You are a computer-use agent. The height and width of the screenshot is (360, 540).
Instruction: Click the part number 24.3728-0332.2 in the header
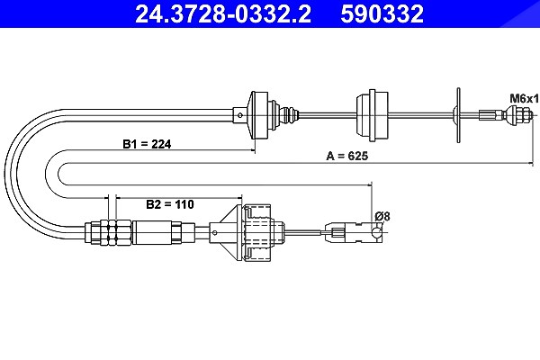(223, 13)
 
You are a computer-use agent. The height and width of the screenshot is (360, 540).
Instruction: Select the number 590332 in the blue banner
(382, 13)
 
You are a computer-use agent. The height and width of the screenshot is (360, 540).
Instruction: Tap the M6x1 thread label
(524, 99)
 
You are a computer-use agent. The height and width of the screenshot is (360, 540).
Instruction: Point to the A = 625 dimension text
(346, 156)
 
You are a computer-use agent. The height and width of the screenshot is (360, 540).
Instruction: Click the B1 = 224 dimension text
(147, 144)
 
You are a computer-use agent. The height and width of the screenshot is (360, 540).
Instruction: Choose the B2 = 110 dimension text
(170, 204)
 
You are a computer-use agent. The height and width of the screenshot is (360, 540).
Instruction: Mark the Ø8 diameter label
(382, 216)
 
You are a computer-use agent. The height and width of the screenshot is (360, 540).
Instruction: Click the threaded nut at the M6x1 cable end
(518, 114)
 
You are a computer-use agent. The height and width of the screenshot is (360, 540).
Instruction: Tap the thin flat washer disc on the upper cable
(458, 115)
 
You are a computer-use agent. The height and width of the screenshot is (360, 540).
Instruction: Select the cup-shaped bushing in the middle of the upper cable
(372, 115)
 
